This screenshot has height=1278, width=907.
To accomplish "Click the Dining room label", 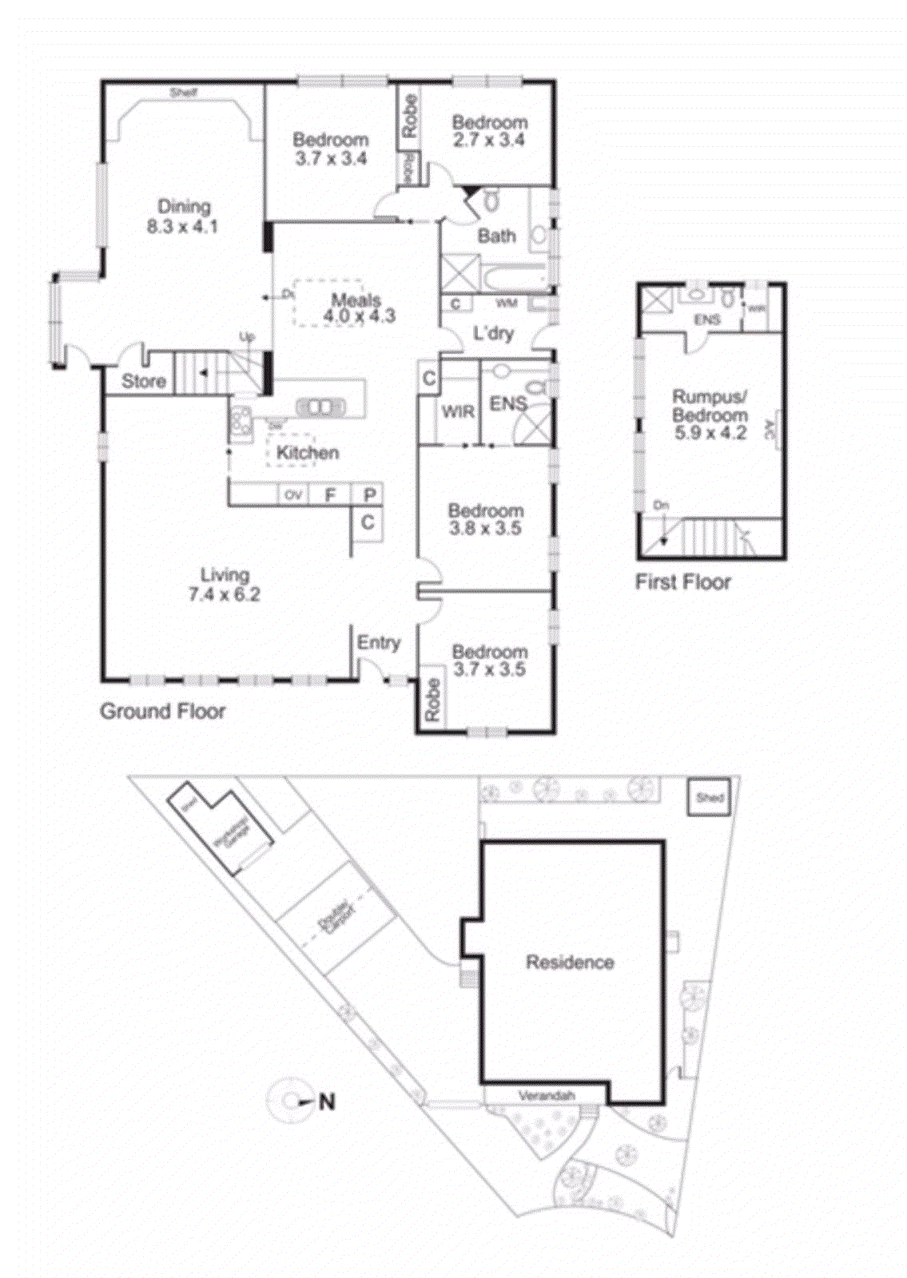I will (x=184, y=206).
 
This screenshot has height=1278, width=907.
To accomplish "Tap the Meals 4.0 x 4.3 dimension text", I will (x=359, y=316).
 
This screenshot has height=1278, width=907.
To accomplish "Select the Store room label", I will (x=143, y=381).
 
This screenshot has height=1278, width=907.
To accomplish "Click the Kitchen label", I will (x=308, y=453).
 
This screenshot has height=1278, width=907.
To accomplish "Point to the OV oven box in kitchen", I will (x=293, y=495).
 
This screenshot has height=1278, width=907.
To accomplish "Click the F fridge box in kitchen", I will (x=330, y=495).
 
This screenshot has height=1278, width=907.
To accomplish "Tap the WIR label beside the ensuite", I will (x=458, y=411).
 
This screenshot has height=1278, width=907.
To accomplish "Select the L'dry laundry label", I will (x=493, y=333).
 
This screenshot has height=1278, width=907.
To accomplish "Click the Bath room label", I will (x=496, y=236).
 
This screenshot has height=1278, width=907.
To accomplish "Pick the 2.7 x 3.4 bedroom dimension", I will (x=488, y=141).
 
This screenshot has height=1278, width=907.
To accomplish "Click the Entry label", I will (x=378, y=642).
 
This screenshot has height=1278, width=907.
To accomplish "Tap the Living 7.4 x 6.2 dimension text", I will (x=224, y=594).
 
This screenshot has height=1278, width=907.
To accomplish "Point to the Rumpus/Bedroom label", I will (x=710, y=406).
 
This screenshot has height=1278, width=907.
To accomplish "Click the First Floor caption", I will (x=682, y=581).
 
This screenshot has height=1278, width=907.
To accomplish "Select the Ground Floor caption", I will (x=162, y=711).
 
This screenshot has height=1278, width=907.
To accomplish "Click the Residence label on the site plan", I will (x=570, y=962).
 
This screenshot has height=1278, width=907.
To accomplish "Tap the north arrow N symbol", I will (x=325, y=1101).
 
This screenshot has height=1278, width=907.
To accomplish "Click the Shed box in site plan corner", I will (x=710, y=797).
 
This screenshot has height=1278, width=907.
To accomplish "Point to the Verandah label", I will (x=547, y=1095).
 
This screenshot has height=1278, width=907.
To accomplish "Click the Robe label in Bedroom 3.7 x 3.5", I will (x=432, y=700).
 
